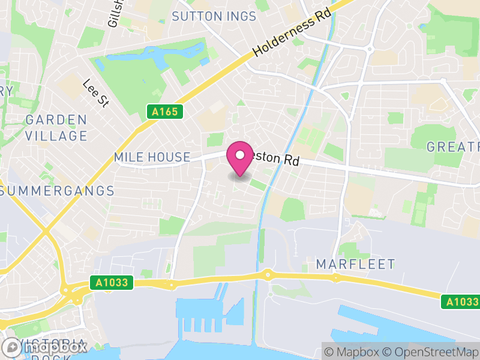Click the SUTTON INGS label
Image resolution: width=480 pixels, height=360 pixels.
pyautogui.click(x=214, y=16)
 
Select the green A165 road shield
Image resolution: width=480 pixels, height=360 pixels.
pyautogui.click(x=164, y=111)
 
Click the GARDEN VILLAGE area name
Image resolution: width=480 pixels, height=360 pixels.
pyautogui.click(x=56, y=128)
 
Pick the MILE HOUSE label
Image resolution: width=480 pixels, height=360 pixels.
pyautogui.click(x=152, y=157)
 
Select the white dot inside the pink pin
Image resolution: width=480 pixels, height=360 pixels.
pyautogui.click(x=240, y=155)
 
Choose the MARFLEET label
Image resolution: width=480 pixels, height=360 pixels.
pyautogui.click(x=356, y=264)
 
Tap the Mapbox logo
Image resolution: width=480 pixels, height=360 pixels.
pyautogui.click(x=45, y=347)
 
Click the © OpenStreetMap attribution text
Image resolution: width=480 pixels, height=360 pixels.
pyautogui.click(x=431, y=352)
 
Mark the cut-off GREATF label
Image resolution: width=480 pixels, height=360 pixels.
pyautogui.click(x=453, y=146)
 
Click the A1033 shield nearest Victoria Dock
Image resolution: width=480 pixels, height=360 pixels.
pyautogui.click(x=112, y=282)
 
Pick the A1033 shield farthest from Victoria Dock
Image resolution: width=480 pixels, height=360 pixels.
pyautogui.click(x=463, y=301)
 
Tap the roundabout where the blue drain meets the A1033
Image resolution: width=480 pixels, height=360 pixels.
pyautogui.click(x=268, y=275)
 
